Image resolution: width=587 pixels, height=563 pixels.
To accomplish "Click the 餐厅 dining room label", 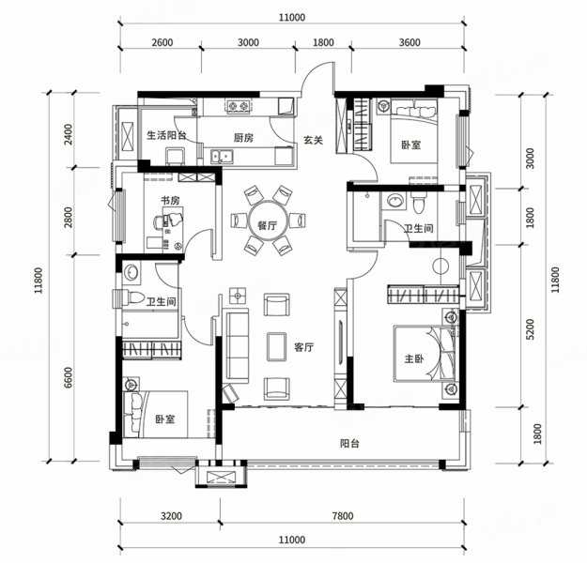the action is [x=268, y=225].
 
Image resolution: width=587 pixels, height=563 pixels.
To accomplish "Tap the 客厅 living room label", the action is [x=303, y=347].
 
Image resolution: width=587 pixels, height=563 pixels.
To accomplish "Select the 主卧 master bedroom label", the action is [x=414, y=358].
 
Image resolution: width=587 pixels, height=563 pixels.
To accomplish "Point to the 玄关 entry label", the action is [x=313, y=141].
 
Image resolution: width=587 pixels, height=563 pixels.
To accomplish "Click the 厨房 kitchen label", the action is [x=243, y=138].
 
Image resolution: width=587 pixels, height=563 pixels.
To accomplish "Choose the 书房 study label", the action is [x=170, y=201].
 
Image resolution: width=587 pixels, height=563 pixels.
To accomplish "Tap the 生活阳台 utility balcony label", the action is [x=166, y=135].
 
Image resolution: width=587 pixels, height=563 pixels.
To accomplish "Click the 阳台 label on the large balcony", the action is [x=350, y=444].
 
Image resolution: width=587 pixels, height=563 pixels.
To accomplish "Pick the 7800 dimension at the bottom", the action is [x=343, y=516].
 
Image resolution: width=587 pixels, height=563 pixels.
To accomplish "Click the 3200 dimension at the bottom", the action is [x=171, y=516].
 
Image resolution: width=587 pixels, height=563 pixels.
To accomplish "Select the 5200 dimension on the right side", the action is [x=530, y=329].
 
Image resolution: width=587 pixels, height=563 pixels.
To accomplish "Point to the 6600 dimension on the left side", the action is [x=69, y=377].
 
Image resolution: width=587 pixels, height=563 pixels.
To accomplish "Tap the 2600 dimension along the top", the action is [x=162, y=42].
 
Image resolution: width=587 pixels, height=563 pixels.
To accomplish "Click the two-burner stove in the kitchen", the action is [x=239, y=107].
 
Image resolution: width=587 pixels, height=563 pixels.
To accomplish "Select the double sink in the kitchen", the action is [x=222, y=156].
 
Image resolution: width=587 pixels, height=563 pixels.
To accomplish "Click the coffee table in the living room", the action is [x=277, y=347].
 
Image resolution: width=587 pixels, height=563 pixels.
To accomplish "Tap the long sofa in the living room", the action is [x=238, y=346].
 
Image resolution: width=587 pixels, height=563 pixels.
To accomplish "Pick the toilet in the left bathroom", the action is [x=132, y=297].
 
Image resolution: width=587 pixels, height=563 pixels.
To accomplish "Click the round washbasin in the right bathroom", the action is [x=394, y=200].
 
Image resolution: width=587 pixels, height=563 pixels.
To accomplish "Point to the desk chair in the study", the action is [x=159, y=222].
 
